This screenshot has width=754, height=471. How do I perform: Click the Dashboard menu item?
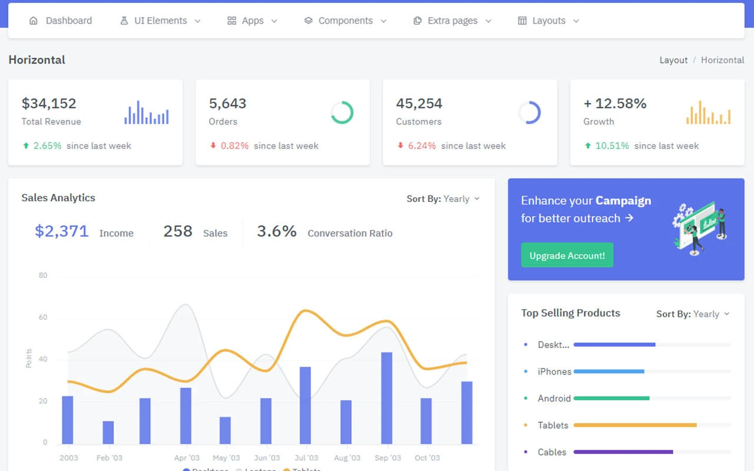[61, 21]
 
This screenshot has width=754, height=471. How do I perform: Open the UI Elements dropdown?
[160, 21]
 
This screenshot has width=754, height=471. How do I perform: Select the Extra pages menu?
[452, 21]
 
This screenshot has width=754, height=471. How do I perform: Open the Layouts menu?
[548, 21]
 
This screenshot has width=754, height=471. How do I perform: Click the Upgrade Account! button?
[567, 256]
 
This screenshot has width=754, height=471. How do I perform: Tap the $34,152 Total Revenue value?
[49, 104]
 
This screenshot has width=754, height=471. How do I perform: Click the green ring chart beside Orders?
[342, 112]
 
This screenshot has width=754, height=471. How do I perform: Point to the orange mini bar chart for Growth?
[708, 112]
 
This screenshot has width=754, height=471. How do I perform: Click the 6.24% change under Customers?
[421, 146]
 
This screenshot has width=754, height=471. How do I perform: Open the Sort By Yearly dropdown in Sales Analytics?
[443, 199]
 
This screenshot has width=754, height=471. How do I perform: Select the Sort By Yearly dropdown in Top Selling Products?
[693, 314]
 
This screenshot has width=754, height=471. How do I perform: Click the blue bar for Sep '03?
[386, 398]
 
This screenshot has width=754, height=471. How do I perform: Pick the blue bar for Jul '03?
[305, 405]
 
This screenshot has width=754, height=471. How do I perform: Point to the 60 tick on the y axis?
[43, 317]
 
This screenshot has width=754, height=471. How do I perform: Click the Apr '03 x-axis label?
[187, 457]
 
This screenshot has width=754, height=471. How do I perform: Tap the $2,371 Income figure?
[62, 231]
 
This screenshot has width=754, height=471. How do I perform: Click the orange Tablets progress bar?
[635, 425]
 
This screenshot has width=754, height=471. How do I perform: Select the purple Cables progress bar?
[623, 452]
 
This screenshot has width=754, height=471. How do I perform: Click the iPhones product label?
[554, 372]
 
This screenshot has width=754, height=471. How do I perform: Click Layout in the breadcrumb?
[673, 60]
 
